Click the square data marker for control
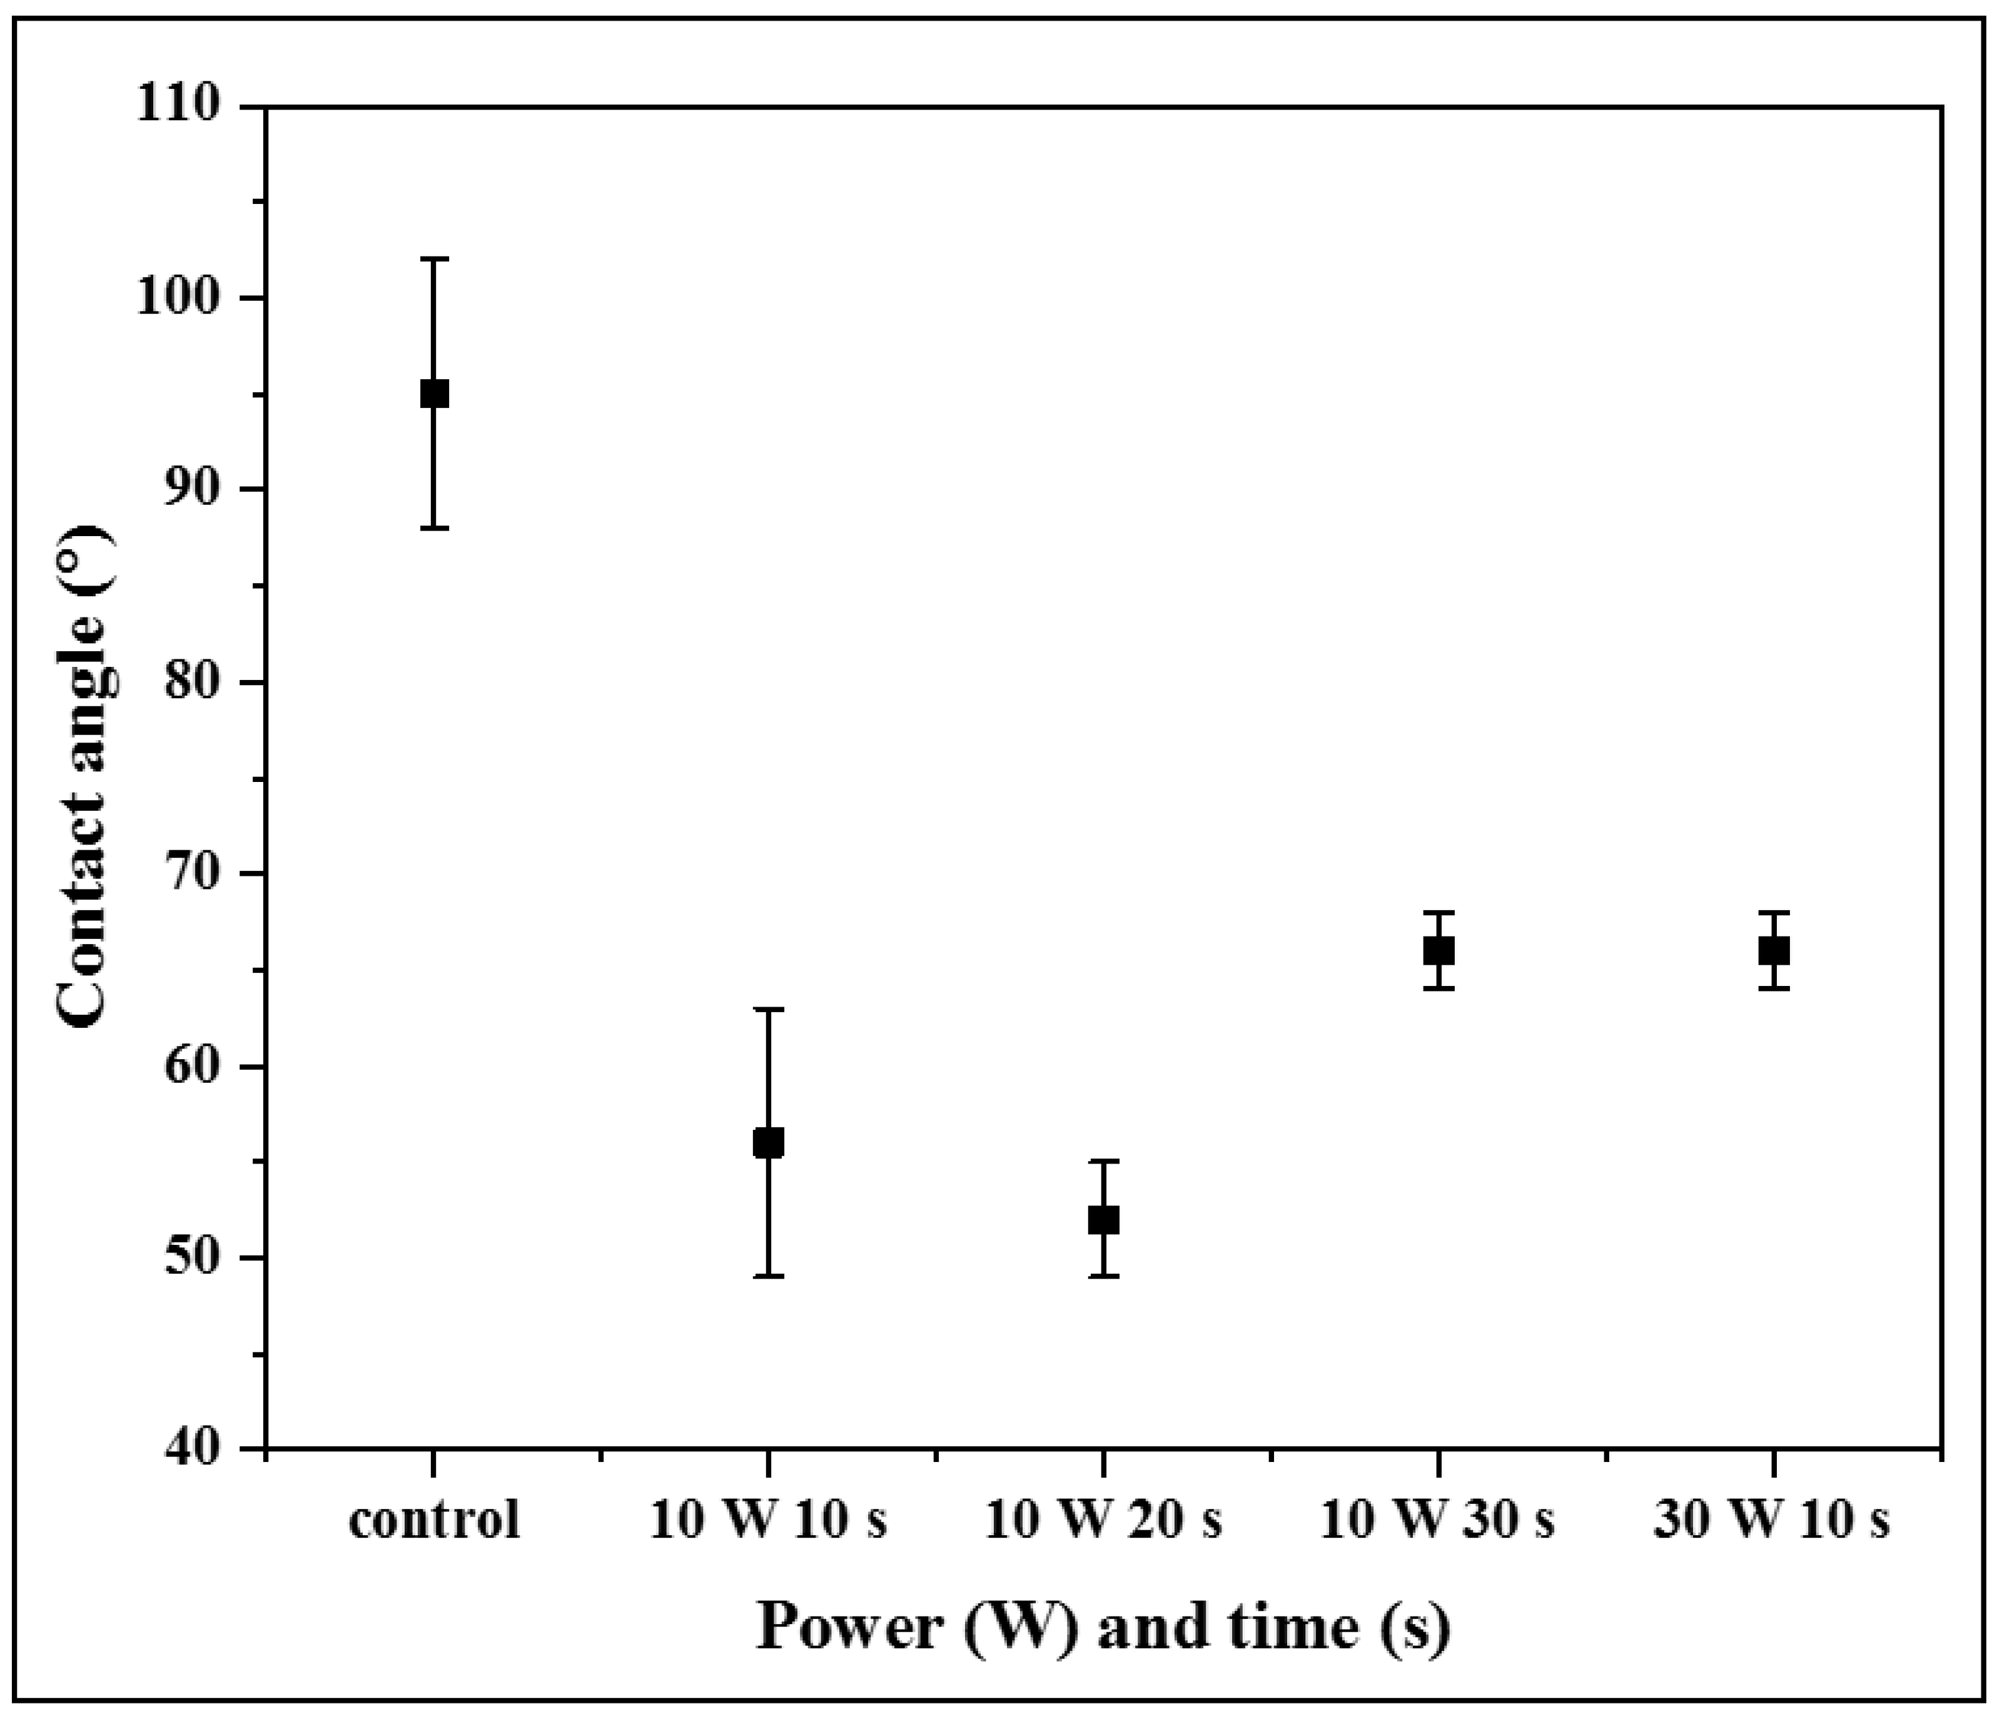[434, 393]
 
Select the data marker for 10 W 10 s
[768, 1143]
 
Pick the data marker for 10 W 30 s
[1438, 951]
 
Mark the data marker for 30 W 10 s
[1774, 951]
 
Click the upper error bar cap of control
[434, 259]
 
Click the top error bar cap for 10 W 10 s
[768, 1008]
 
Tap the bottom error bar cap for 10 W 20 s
[1103, 1276]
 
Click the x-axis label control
[434, 1520]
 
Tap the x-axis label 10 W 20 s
[1103, 1520]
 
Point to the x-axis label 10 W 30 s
[1438, 1520]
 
